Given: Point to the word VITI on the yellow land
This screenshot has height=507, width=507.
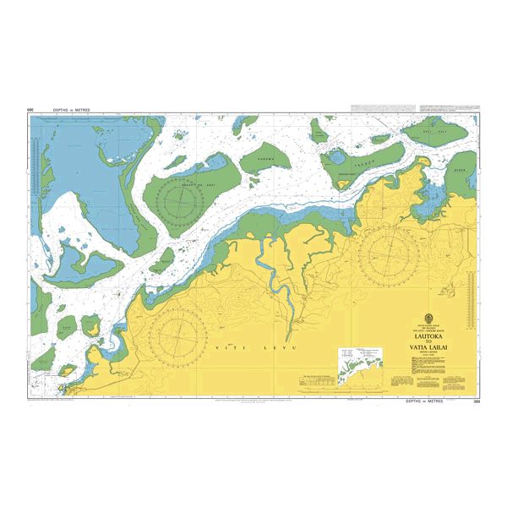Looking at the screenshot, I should (x=224, y=347).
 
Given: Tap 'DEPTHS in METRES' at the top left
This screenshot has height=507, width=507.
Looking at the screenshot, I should (x=70, y=110).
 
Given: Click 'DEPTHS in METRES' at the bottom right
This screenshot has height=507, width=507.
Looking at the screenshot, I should (x=428, y=401).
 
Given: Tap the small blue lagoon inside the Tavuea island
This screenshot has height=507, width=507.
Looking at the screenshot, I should (x=337, y=155).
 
